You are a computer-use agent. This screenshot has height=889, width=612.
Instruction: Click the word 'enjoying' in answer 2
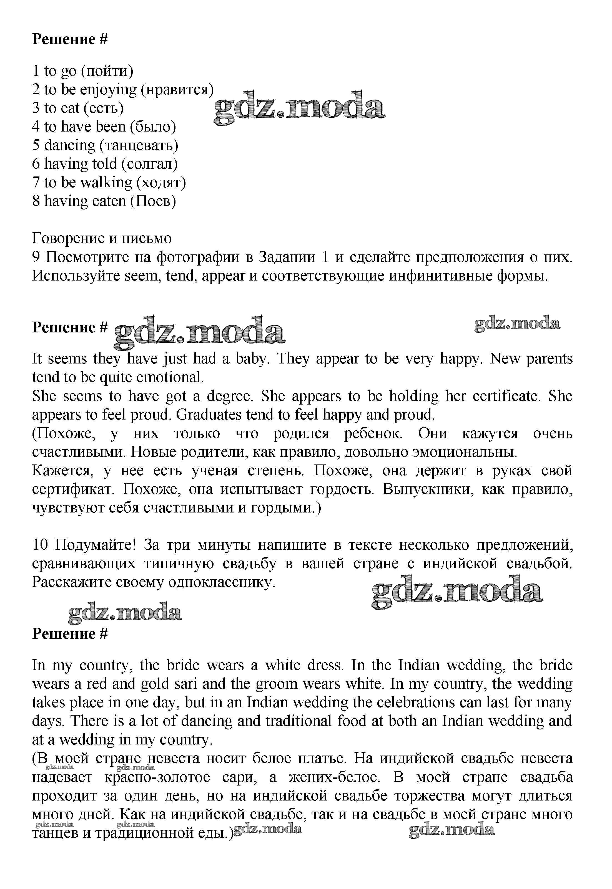click(x=109, y=90)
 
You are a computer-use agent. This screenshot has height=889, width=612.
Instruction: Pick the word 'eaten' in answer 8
click(x=109, y=201)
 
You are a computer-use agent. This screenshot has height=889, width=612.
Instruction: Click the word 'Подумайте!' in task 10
click(x=96, y=545)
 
